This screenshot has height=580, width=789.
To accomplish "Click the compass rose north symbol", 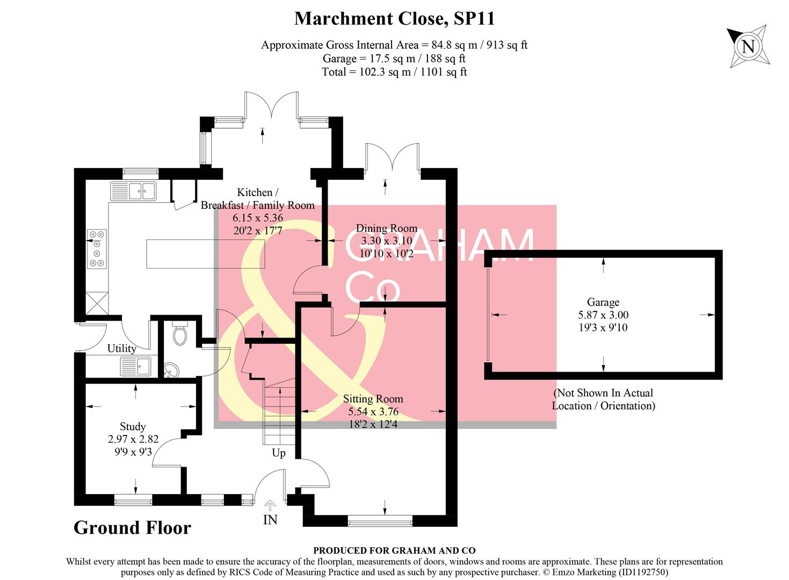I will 748,47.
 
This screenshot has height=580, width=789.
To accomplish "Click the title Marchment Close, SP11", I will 394,19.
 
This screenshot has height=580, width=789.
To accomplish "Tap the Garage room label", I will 603,302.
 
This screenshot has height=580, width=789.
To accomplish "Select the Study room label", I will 133,426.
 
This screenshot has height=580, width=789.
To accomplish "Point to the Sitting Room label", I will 373,399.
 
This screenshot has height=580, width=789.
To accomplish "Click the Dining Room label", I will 386,228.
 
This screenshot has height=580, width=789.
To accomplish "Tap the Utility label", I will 121,349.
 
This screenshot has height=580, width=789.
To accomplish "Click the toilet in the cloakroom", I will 180,334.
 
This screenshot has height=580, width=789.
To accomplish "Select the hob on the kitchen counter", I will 97,249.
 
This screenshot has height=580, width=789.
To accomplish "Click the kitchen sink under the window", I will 133,191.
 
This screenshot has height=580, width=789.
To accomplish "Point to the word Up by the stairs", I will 278,453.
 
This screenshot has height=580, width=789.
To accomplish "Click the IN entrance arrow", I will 270,505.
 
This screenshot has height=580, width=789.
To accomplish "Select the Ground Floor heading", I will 132,528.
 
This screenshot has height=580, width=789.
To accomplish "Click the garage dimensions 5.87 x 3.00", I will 603,315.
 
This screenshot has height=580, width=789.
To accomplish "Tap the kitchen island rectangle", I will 205,253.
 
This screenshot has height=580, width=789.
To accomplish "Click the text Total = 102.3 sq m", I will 394,72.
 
